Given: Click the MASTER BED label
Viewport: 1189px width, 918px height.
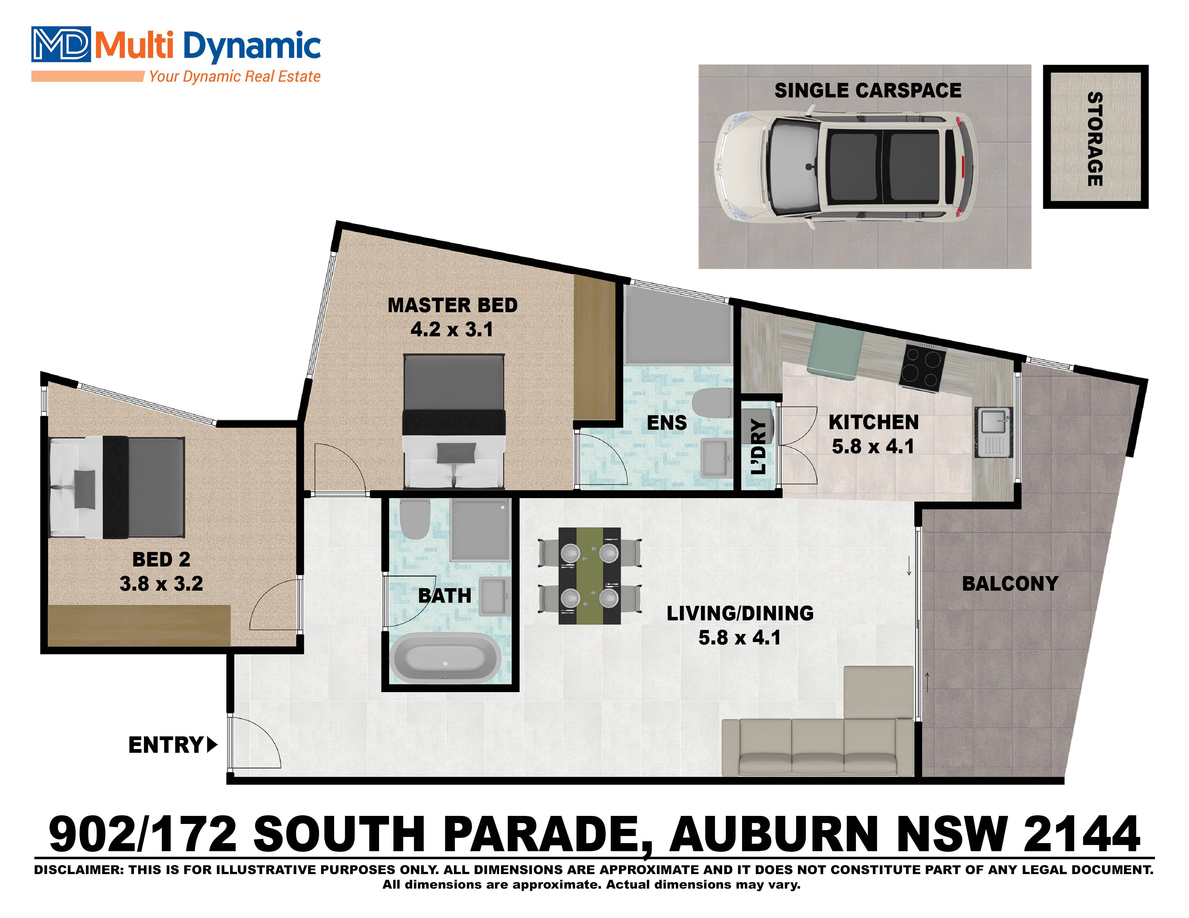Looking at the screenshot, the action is coord(452,305).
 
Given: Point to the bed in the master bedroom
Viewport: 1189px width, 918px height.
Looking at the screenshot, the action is coord(454,422).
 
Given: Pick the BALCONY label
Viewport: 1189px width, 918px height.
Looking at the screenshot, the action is coord(1010,584).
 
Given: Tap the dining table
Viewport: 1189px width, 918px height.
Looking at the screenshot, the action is coord(590,576).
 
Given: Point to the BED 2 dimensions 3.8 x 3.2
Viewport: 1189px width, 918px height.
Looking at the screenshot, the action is coord(161,584).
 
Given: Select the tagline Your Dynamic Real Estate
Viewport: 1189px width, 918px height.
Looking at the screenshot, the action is coord(235,76).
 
